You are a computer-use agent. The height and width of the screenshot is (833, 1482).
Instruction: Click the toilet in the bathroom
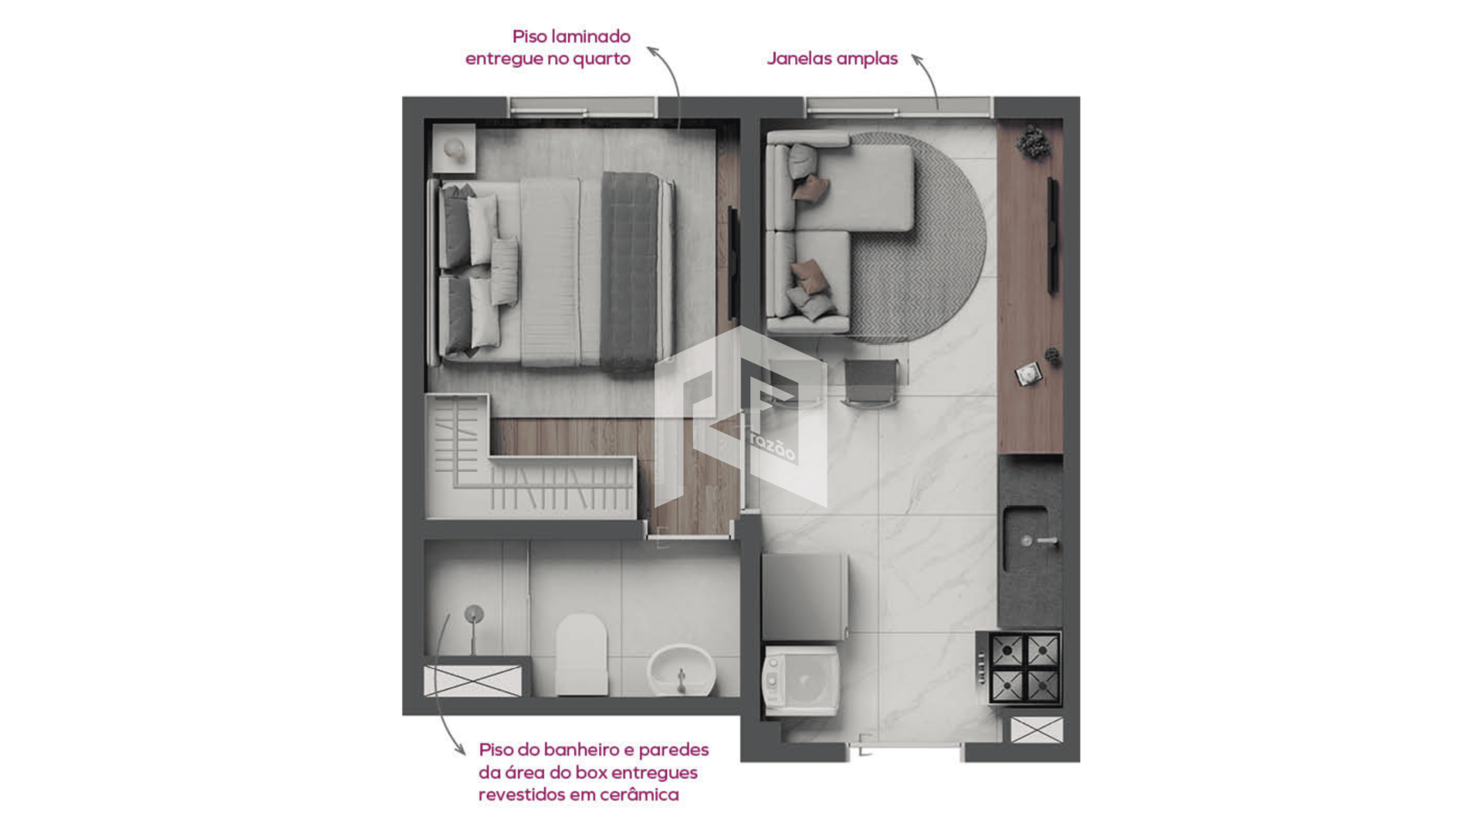(x=581, y=654)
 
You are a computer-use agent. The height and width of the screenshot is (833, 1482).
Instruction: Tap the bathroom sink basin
(x=682, y=669)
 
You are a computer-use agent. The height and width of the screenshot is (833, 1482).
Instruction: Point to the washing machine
(x=801, y=680)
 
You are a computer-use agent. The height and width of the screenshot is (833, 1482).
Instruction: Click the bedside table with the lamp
(x=454, y=148)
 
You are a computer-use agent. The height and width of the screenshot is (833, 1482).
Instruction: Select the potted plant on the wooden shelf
(x=1032, y=143)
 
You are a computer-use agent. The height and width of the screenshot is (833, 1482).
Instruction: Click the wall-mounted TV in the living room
(x=1052, y=235)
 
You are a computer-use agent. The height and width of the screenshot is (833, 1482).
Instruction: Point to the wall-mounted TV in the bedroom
(x=733, y=265)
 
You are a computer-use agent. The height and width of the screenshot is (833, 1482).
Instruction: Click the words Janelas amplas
(x=832, y=59)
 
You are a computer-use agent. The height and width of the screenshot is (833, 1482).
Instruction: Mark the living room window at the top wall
(x=899, y=107)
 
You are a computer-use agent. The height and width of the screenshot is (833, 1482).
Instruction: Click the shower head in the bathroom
(x=473, y=615)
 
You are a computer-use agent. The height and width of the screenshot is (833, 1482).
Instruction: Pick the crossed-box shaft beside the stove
(x=1037, y=730)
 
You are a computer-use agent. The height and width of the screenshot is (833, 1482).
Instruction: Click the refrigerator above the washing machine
(x=805, y=596)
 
